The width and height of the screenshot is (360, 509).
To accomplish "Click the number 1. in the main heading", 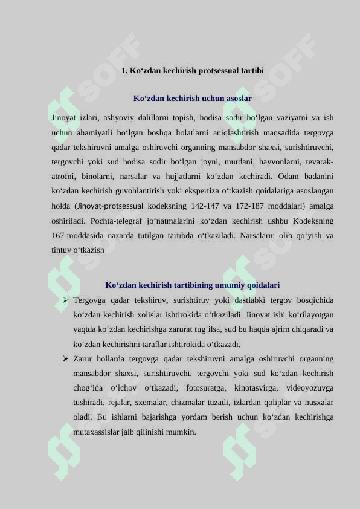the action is click(x=125, y=71).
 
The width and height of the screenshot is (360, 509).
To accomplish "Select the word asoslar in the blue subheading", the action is click(x=239, y=98).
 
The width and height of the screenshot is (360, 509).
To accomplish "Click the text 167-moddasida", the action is click(x=77, y=235).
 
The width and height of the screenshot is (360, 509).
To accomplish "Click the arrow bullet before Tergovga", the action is click(x=65, y=300).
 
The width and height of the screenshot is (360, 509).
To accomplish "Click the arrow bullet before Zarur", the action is click(x=65, y=358).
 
